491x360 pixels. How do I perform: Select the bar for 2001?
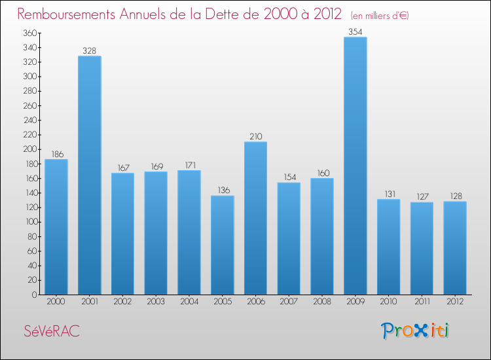[x=89, y=175]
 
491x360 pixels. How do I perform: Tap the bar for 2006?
[x=255, y=218]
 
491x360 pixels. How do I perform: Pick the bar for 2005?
[x=222, y=245]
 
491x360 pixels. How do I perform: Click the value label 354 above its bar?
[x=355, y=31]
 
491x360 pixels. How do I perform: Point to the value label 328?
[x=89, y=50]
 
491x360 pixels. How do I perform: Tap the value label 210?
[x=255, y=136]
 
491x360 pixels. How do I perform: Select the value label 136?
[x=222, y=190]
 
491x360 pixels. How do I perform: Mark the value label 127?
[x=421, y=197]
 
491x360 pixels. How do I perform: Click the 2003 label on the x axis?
[x=156, y=302]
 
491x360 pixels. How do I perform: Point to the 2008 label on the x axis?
[x=321, y=302]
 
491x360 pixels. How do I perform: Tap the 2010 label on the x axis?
[x=388, y=302]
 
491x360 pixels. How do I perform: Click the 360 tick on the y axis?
[x=29, y=33]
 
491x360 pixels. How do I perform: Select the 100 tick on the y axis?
[x=29, y=222]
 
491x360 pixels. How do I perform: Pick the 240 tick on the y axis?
[x=29, y=120]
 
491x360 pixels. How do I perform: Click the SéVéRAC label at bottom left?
[x=52, y=331]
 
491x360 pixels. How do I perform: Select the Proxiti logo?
[x=416, y=331]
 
